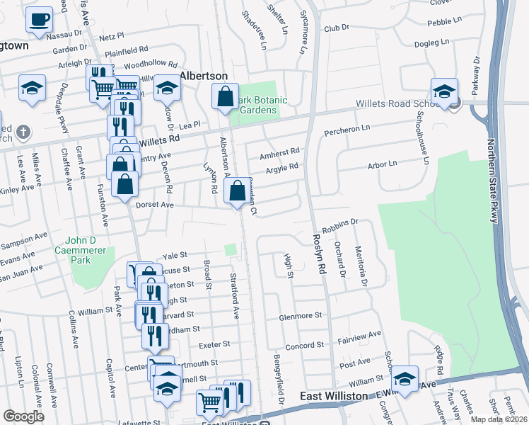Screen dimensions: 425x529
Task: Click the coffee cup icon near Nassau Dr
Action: (x=40, y=19)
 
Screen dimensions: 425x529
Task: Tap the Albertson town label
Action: (x=203, y=76)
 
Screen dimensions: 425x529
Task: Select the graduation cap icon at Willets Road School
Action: (x=444, y=92)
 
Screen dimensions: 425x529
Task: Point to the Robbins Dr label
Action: (x=341, y=226)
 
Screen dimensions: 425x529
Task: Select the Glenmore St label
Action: (x=300, y=315)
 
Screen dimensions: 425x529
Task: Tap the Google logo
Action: (x=23, y=416)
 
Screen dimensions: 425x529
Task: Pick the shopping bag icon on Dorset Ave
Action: (x=236, y=191)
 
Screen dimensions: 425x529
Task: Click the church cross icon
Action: (x=23, y=132)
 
